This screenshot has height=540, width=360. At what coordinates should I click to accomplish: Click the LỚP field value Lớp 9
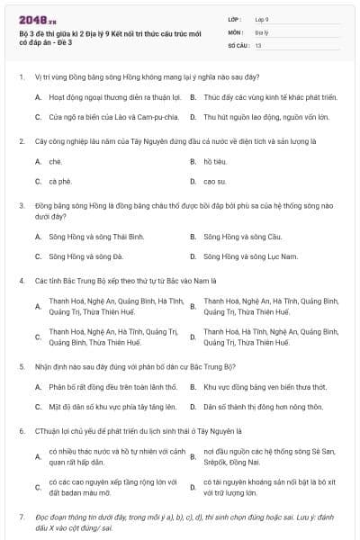click(x=262, y=18)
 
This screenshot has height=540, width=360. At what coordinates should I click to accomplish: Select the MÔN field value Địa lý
click(x=261, y=31)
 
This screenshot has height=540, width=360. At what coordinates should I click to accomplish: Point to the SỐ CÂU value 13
click(x=258, y=44)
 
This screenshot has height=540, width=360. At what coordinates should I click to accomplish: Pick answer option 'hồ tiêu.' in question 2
click(x=214, y=162)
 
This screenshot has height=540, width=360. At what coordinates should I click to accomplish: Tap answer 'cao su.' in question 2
click(x=214, y=182)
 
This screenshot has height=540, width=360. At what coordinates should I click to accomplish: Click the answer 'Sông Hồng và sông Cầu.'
click(x=243, y=237)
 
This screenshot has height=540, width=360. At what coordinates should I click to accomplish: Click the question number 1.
click(x=22, y=77)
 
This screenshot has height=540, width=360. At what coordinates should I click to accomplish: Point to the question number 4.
click(x=22, y=280)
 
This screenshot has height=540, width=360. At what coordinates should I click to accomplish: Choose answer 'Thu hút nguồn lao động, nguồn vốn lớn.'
click(x=265, y=117)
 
